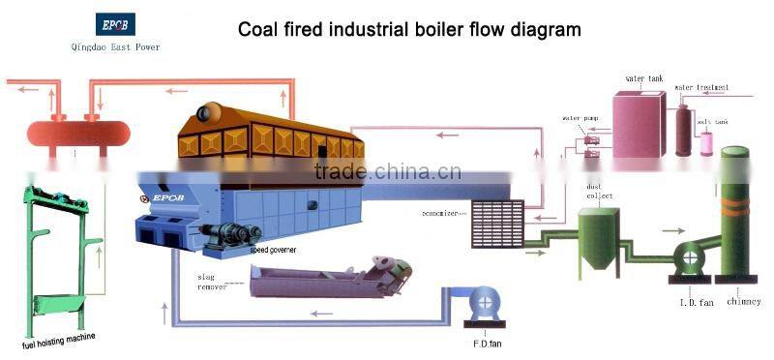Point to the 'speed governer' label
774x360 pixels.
point(274,249)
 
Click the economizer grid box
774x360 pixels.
point(496,224)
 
